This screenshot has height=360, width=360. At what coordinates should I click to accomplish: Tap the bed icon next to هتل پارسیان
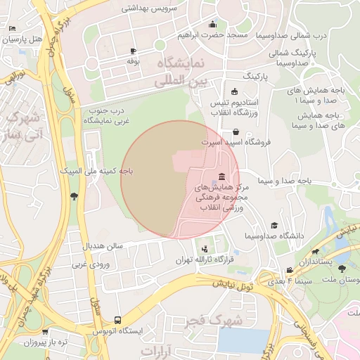(x=13, y=28)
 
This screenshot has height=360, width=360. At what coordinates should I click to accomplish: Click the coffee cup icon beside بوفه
(x=134, y=51)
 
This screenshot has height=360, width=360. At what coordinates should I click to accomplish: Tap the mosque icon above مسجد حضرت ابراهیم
(x=212, y=25)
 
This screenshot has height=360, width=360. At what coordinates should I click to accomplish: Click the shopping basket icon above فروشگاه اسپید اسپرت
(x=235, y=131)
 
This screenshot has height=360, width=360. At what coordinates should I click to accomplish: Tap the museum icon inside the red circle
(x=222, y=176)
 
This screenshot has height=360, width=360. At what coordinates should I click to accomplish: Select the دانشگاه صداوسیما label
(x=274, y=236)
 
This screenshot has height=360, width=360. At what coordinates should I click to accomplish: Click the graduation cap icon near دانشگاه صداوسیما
(x=274, y=225)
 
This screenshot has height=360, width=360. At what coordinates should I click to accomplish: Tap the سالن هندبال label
(x=103, y=247)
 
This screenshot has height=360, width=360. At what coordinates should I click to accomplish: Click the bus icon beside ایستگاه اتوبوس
(x=117, y=320)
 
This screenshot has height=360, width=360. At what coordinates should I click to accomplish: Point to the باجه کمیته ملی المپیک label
(x=95, y=171)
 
